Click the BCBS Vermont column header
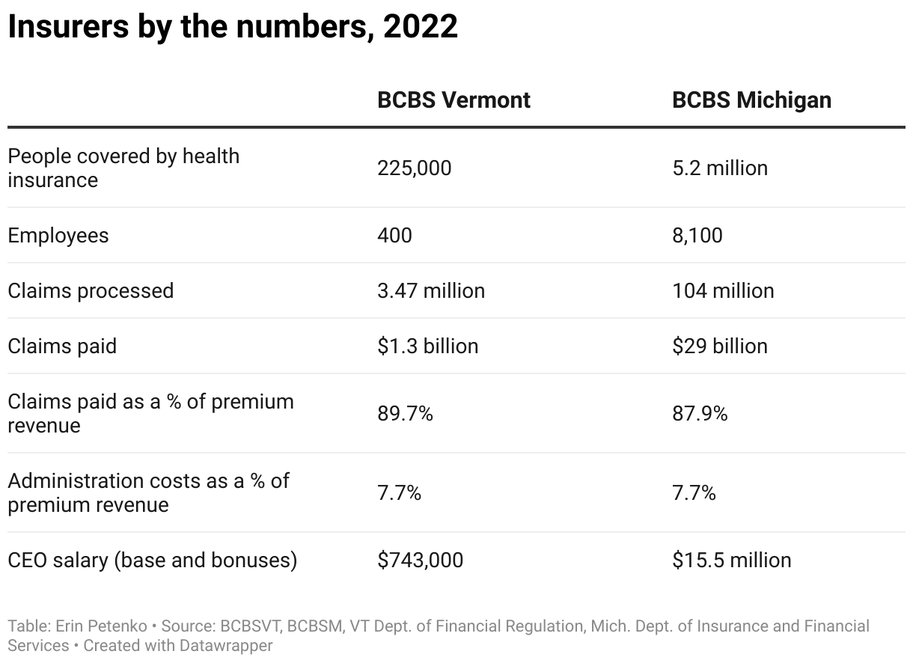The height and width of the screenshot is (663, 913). pyautogui.click(x=454, y=100)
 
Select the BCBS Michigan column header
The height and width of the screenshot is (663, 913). pyautogui.click(x=751, y=100)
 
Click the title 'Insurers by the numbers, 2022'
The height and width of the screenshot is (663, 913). pyautogui.click(x=233, y=28)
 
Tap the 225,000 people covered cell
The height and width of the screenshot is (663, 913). pyautogui.click(x=414, y=168)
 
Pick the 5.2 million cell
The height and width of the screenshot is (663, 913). pyautogui.click(x=719, y=168)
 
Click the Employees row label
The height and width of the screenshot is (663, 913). pyautogui.click(x=58, y=236)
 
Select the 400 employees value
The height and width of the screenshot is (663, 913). pyautogui.click(x=394, y=236)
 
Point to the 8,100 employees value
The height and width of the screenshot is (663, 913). pyautogui.click(x=697, y=236)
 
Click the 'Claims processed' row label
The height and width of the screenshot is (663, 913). pyautogui.click(x=91, y=291)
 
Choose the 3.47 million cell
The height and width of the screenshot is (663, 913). pyautogui.click(x=430, y=291)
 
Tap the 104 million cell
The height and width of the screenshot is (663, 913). pyautogui.click(x=722, y=291)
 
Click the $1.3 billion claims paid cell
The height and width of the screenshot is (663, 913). pyautogui.click(x=427, y=346)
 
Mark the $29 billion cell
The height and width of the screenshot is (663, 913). pyautogui.click(x=719, y=346)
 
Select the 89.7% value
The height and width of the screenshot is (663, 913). pyautogui.click(x=405, y=414)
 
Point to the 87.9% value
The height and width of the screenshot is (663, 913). pyautogui.click(x=700, y=414)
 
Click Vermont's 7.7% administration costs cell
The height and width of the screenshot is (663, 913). pyautogui.click(x=399, y=493)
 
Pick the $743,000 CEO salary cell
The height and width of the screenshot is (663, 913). pyautogui.click(x=420, y=560)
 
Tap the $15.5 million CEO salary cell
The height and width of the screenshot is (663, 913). pyautogui.click(x=731, y=560)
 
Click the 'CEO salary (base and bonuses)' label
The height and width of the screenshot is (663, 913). pyautogui.click(x=152, y=560)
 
